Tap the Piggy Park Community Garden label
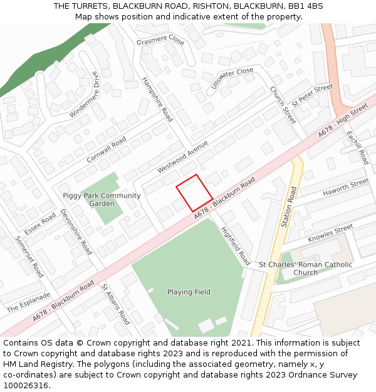tap(102, 199)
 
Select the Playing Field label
tap(189, 292)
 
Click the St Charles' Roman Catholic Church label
tap(306, 268)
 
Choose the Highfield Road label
tap(236, 246)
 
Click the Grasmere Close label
tap(160, 41)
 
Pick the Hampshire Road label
tap(157, 99)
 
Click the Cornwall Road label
tap(107, 149)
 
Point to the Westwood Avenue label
tap(182, 156)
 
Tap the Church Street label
tap(282, 105)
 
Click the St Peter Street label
tap(312, 95)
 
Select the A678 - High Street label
tap(342, 121)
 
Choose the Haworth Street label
tap(346, 188)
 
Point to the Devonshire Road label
tap(76, 231)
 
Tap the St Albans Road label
tap(115, 304)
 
